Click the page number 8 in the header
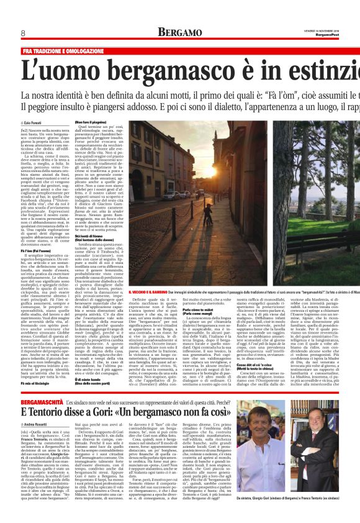(x=6, y=32)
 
